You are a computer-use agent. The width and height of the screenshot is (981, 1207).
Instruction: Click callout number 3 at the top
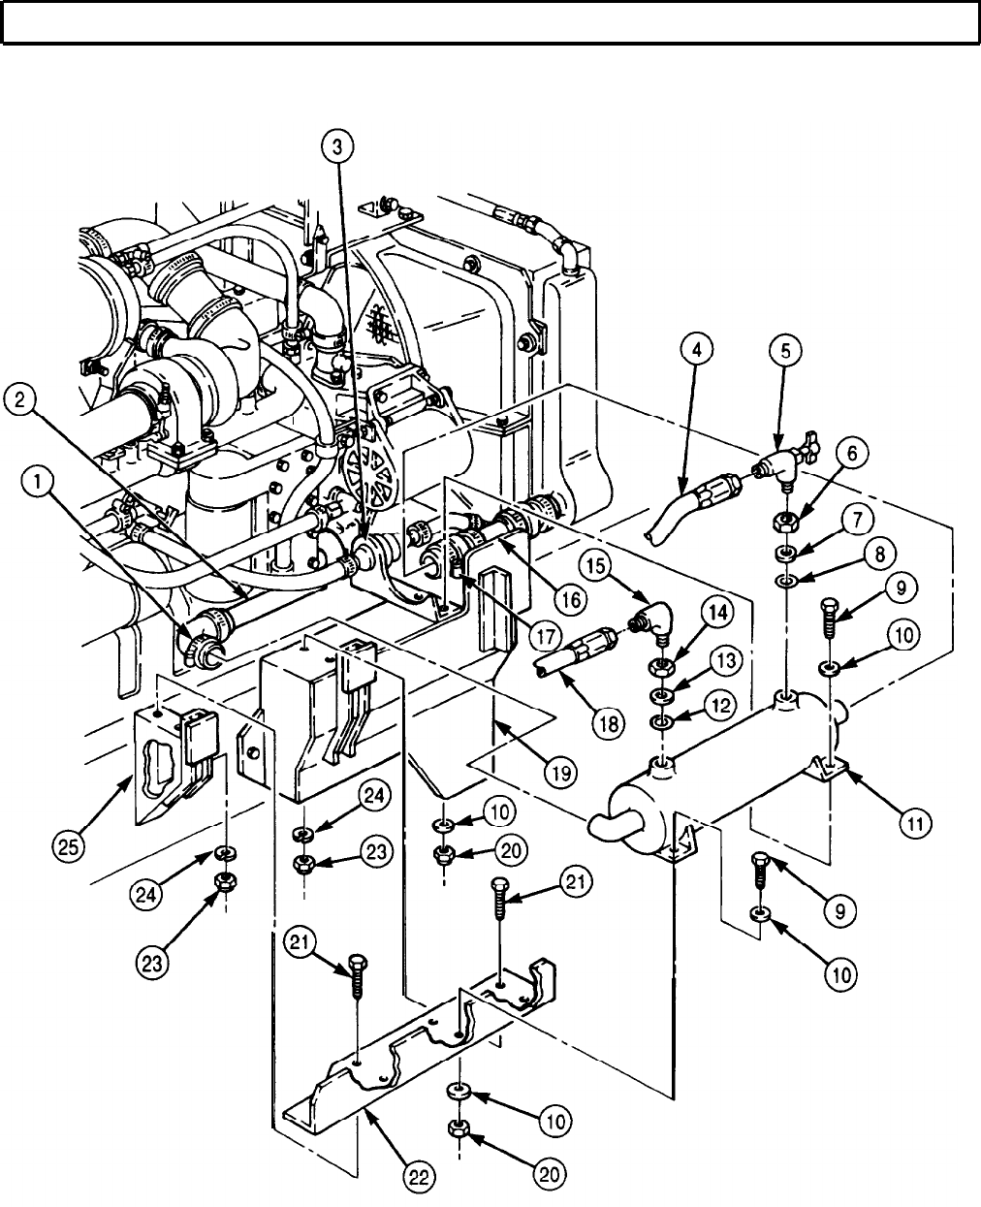[x=336, y=148]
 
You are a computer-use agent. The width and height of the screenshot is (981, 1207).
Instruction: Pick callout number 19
[x=561, y=772]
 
